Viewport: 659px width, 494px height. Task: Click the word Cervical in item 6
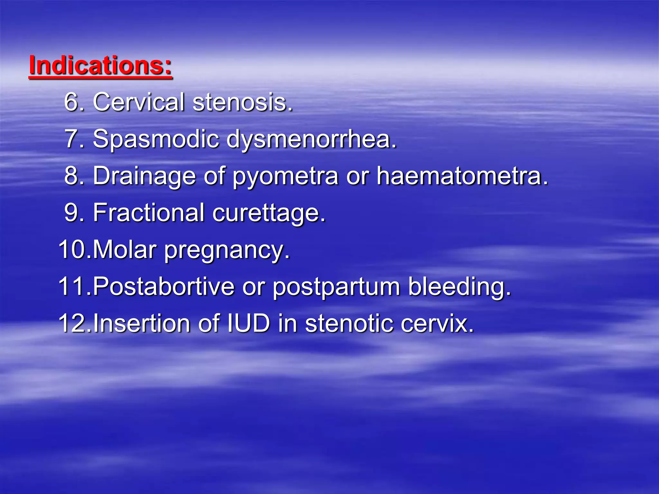139,102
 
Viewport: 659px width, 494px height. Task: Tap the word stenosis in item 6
243,102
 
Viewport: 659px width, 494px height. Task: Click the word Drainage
144,176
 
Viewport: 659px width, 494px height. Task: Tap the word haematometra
462,176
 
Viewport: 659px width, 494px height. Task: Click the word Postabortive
164,286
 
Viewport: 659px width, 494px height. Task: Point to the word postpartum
336,287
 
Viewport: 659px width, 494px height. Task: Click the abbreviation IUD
248,323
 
